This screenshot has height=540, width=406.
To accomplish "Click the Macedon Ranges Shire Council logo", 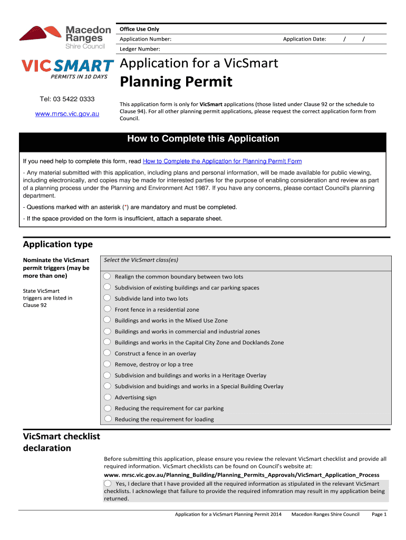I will point(65,37).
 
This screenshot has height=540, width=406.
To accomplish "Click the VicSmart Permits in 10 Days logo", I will point(67,69).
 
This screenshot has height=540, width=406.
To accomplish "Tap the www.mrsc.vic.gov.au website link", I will point(67,113).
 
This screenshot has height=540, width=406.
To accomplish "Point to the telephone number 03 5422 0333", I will point(67,99).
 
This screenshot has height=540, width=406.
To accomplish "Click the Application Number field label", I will point(145,39).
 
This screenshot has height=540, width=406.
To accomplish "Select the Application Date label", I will point(304,39).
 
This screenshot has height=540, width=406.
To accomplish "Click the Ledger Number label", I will point(140,49).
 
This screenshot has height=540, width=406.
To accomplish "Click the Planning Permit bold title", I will point(176,82).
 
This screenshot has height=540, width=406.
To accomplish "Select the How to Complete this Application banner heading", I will point(203,139).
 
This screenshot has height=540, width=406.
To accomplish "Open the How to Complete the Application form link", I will point(222,161).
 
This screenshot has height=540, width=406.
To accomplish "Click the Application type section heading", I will point(58,244).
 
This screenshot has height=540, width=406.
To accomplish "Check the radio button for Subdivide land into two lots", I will point(108,298).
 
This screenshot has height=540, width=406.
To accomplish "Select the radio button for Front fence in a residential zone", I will point(108,309).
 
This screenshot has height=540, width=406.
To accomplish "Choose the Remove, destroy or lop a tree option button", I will point(108,364).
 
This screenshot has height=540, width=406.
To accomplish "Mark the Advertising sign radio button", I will point(108,397).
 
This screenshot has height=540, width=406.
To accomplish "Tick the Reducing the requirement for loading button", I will point(108,419).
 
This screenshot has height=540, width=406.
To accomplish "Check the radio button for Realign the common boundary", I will point(108,276).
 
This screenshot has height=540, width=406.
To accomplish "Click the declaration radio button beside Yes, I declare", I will point(108,483).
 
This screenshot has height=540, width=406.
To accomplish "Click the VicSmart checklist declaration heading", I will point(62,442).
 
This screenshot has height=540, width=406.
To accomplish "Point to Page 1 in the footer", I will point(379,514).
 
